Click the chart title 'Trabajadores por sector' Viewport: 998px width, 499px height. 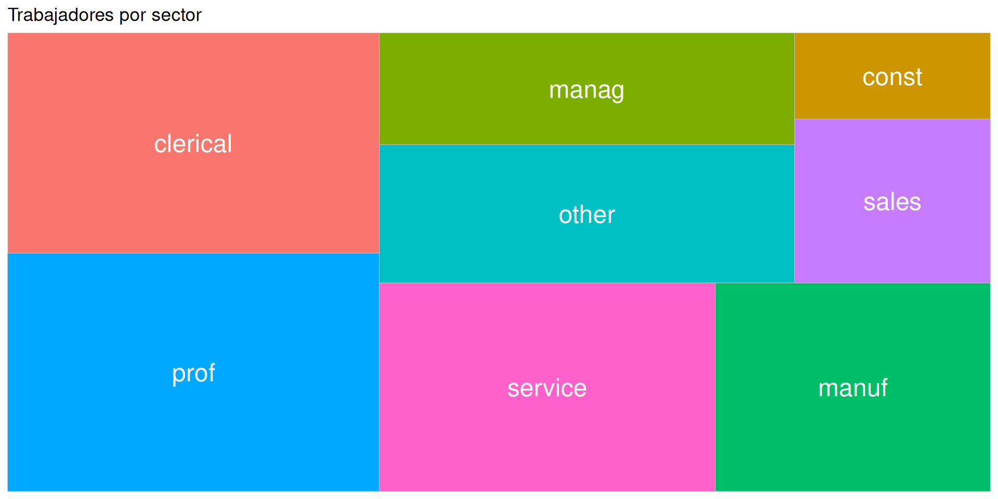point(104,15)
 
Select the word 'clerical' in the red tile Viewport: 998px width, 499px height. point(193,144)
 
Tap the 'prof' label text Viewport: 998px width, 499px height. point(193,373)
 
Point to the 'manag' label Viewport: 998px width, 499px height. point(586,90)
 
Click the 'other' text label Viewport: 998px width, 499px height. point(587,215)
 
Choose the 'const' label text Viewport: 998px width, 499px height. point(892,77)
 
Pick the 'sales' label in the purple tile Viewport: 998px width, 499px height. point(892,202)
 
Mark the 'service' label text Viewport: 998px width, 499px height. point(547,388)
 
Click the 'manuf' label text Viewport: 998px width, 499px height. point(852,388)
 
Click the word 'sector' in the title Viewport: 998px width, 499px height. point(176,15)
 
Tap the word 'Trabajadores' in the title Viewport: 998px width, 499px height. point(61,15)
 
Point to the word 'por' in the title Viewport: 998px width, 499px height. point(133,15)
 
